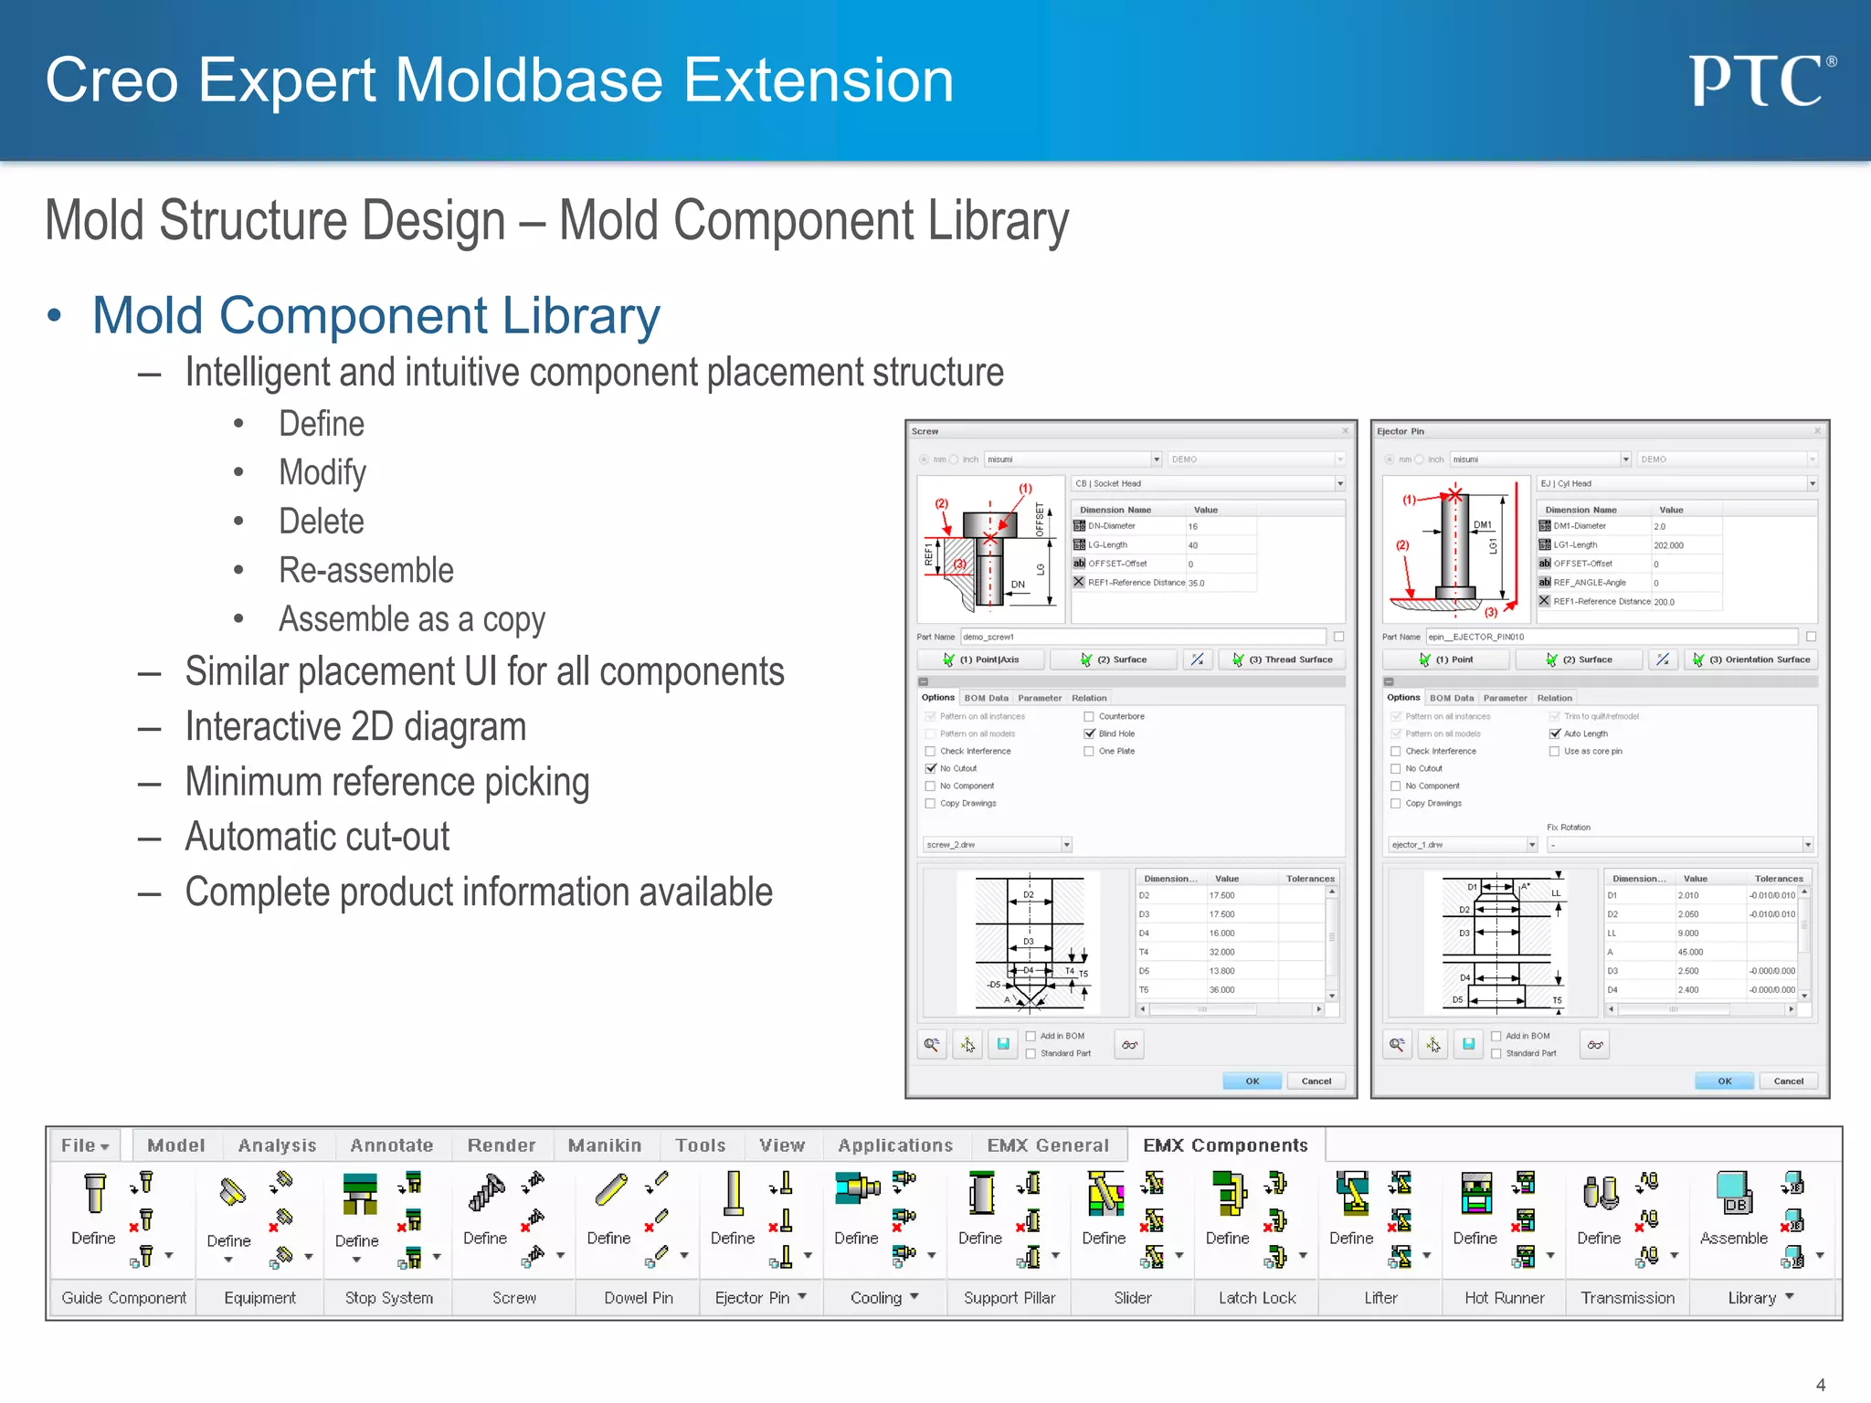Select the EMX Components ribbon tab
pyautogui.click(x=1225, y=1145)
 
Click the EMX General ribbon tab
pyautogui.click(x=1048, y=1145)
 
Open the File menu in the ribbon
pyautogui.click(x=85, y=1145)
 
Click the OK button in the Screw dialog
pyautogui.click(x=1252, y=1081)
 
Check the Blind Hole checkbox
pyautogui.click(x=1089, y=733)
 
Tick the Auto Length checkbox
pyautogui.click(x=1555, y=733)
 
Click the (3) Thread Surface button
pyautogui.click(x=1283, y=659)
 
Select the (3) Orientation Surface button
pyautogui.click(x=1750, y=659)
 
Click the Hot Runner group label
pyautogui.click(x=1504, y=1298)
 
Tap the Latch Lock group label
pyautogui.click(x=1257, y=1298)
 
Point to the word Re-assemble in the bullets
pyautogui.click(x=365, y=571)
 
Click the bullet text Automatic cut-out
pyautogui.click(x=317, y=837)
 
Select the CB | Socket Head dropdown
pyautogui.click(x=1208, y=483)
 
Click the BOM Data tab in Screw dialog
pyautogui.click(x=986, y=698)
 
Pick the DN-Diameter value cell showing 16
pyautogui.click(x=1220, y=526)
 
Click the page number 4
pyautogui.click(x=1820, y=1385)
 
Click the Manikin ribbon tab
pyautogui.click(x=604, y=1145)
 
